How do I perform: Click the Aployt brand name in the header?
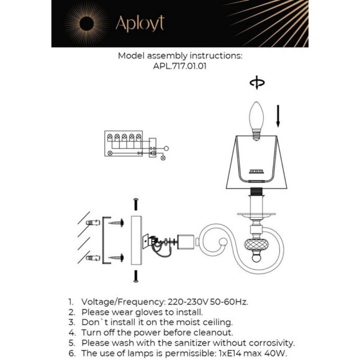[140, 24]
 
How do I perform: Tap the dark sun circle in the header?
[86, 24]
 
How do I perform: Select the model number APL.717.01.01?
[179, 66]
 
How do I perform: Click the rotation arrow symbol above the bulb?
[257, 83]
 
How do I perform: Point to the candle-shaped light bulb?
[256, 121]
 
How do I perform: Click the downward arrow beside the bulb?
[278, 116]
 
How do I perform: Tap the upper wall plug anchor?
[93, 222]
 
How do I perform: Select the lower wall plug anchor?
[93, 258]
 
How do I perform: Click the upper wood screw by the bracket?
[116, 223]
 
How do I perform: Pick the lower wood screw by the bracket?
[116, 258]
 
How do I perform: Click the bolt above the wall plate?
[136, 204]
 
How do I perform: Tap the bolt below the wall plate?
[136, 276]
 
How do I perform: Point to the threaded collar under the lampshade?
[256, 191]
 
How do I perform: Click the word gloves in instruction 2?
[149, 312]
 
